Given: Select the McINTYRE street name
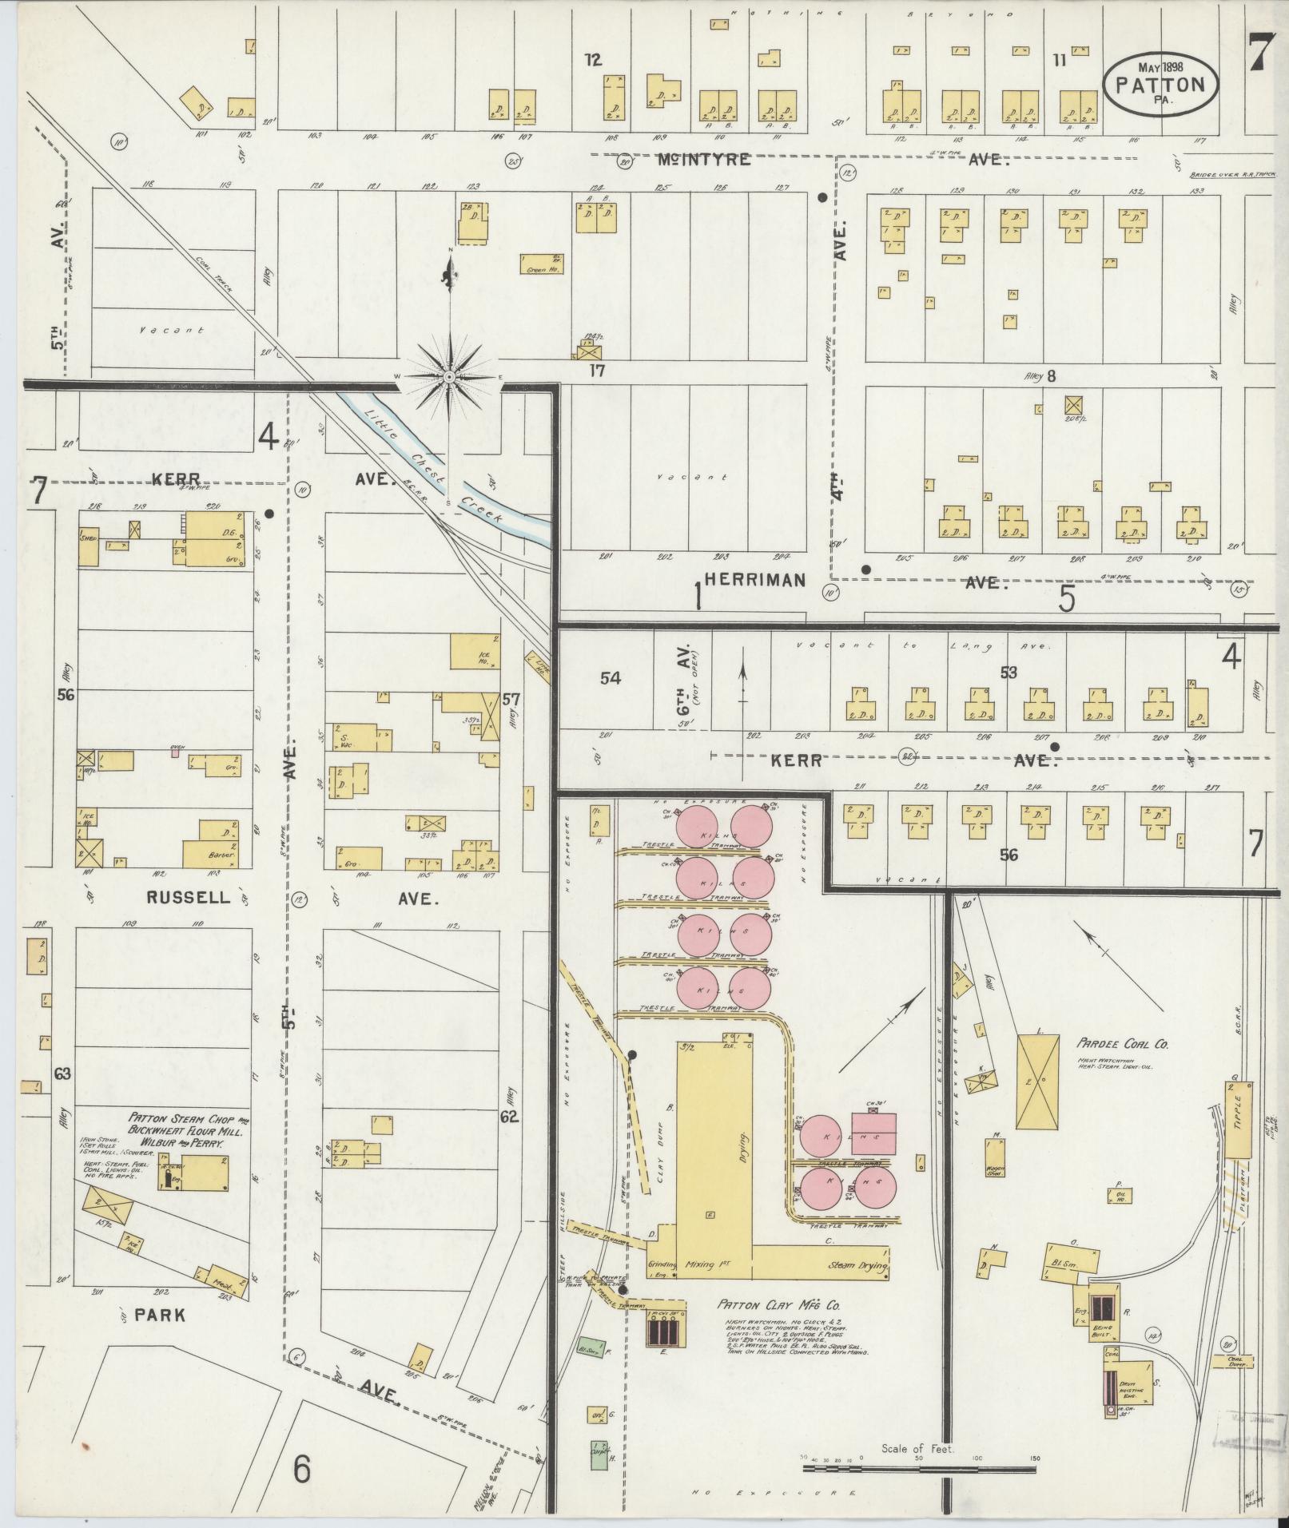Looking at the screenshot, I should pyautogui.click(x=704, y=160).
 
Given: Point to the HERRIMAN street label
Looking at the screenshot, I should pyautogui.click(x=754, y=581).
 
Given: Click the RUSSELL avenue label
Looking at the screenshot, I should pyautogui.click(x=189, y=898).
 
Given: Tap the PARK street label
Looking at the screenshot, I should pyautogui.click(x=161, y=1314).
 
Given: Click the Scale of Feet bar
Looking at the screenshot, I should pyautogui.click(x=919, y=1459).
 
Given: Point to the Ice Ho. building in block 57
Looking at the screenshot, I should pyautogui.click(x=475, y=651).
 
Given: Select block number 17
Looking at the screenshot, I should pyautogui.click(x=596, y=370).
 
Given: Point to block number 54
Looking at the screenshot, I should pyautogui.click(x=610, y=678).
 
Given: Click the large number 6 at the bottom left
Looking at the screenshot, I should pyautogui.click(x=301, y=1469).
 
